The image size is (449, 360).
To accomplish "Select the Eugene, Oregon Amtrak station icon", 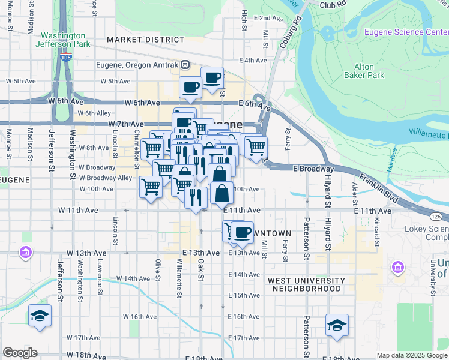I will click(x=186, y=65).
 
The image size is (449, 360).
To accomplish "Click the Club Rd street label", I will click(x=334, y=4).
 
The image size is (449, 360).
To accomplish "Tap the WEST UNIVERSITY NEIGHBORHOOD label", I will click(x=306, y=284).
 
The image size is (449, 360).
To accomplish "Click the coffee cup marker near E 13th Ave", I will click(x=242, y=232).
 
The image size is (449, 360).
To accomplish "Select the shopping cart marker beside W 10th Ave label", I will click(x=150, y=187).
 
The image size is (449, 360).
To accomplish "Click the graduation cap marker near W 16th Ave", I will click(x=40, y=316).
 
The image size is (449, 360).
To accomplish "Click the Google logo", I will click(x=20, y=353).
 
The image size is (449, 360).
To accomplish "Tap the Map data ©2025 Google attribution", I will click(x=412, y=355).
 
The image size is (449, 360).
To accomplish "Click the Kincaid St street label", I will click(x=376, y=226).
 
